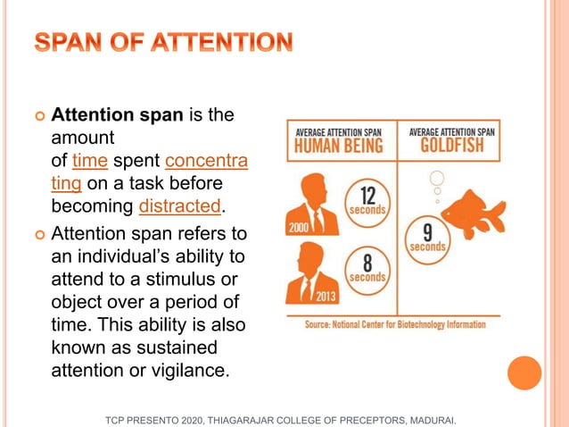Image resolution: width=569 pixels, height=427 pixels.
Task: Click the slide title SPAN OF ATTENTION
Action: click(x=163, y=42)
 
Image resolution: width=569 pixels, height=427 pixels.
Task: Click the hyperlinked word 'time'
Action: click(x=89, y=161)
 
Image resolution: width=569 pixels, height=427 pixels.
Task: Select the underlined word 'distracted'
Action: click(x=179, y=207)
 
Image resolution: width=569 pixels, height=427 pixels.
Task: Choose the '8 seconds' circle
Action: click(x=367, y=268)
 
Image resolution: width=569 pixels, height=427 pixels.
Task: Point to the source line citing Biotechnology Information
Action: click(x=393, y=324)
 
